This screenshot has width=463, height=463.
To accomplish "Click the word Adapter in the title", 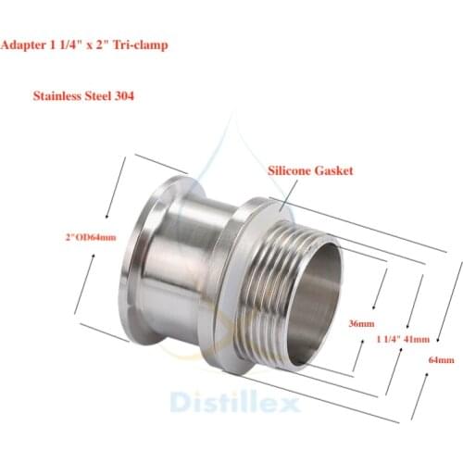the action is click(x=23, y=45).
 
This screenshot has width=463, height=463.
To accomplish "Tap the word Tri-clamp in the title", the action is click(x=140, y=45).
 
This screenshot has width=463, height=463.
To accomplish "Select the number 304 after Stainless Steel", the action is click(x=124, y=96).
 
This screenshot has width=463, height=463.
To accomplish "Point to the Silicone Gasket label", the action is click(x=310, y=170).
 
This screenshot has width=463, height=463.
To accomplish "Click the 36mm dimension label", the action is click(x=361, y=323).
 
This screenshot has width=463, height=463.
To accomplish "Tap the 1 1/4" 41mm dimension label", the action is click(x=403, y=339).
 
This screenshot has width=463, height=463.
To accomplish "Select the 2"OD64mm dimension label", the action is click(x=91, y=237).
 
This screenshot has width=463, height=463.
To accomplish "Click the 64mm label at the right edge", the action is click(x=442, y=360).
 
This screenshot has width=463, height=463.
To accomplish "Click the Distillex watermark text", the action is click(x=234, y=402).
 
